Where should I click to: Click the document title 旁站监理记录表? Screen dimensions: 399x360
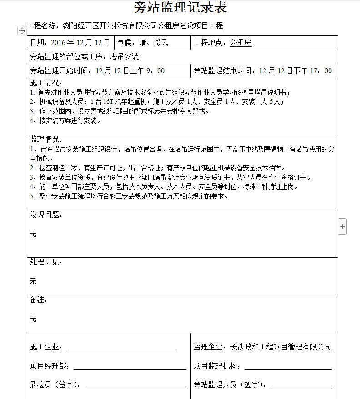pos(180,8)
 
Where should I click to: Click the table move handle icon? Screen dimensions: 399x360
pos(21,30)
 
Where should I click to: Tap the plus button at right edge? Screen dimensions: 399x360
pos(342,226)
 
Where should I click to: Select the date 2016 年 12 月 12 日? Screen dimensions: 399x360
pos(80,43)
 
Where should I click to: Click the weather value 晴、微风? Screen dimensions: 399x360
pos(154,43)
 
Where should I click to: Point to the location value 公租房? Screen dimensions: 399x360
pos(240,43)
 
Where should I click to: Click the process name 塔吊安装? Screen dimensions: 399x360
pos(124,57)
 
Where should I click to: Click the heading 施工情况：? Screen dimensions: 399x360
pos(46,83)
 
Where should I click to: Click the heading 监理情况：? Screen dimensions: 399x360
pos(46,139)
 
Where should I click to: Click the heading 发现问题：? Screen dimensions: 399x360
pos(46,215)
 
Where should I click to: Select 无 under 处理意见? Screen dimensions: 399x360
pos(33,281)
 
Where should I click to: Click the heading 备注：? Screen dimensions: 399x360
pos(39,300)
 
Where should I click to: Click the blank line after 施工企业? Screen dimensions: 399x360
pos(120,348)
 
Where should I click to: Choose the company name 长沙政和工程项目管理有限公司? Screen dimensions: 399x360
pos(280,347)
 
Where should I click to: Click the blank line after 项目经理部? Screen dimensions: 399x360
pos(130,366)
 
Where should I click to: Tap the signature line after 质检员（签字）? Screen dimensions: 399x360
pos(135,385)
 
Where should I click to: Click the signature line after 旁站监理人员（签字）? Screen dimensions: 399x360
pos(300,385)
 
